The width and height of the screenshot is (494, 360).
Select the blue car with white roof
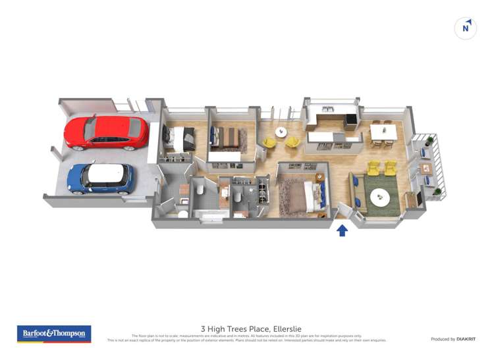(101, 178)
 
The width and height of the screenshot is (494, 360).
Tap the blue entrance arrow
(342, 230)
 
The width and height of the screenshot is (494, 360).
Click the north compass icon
(466, 28)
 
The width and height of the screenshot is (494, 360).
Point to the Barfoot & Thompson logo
(54, 334)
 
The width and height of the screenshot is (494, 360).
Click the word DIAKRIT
(466, 339)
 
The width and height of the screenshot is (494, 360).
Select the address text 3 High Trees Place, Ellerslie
(247, 328)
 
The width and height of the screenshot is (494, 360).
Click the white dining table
(383, 132)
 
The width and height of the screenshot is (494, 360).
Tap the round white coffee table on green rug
(379, 196)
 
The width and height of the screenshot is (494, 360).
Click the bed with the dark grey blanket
(180, 138)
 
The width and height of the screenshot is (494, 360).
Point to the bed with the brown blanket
(226, 137)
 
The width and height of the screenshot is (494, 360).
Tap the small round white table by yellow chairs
(281, 132)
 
